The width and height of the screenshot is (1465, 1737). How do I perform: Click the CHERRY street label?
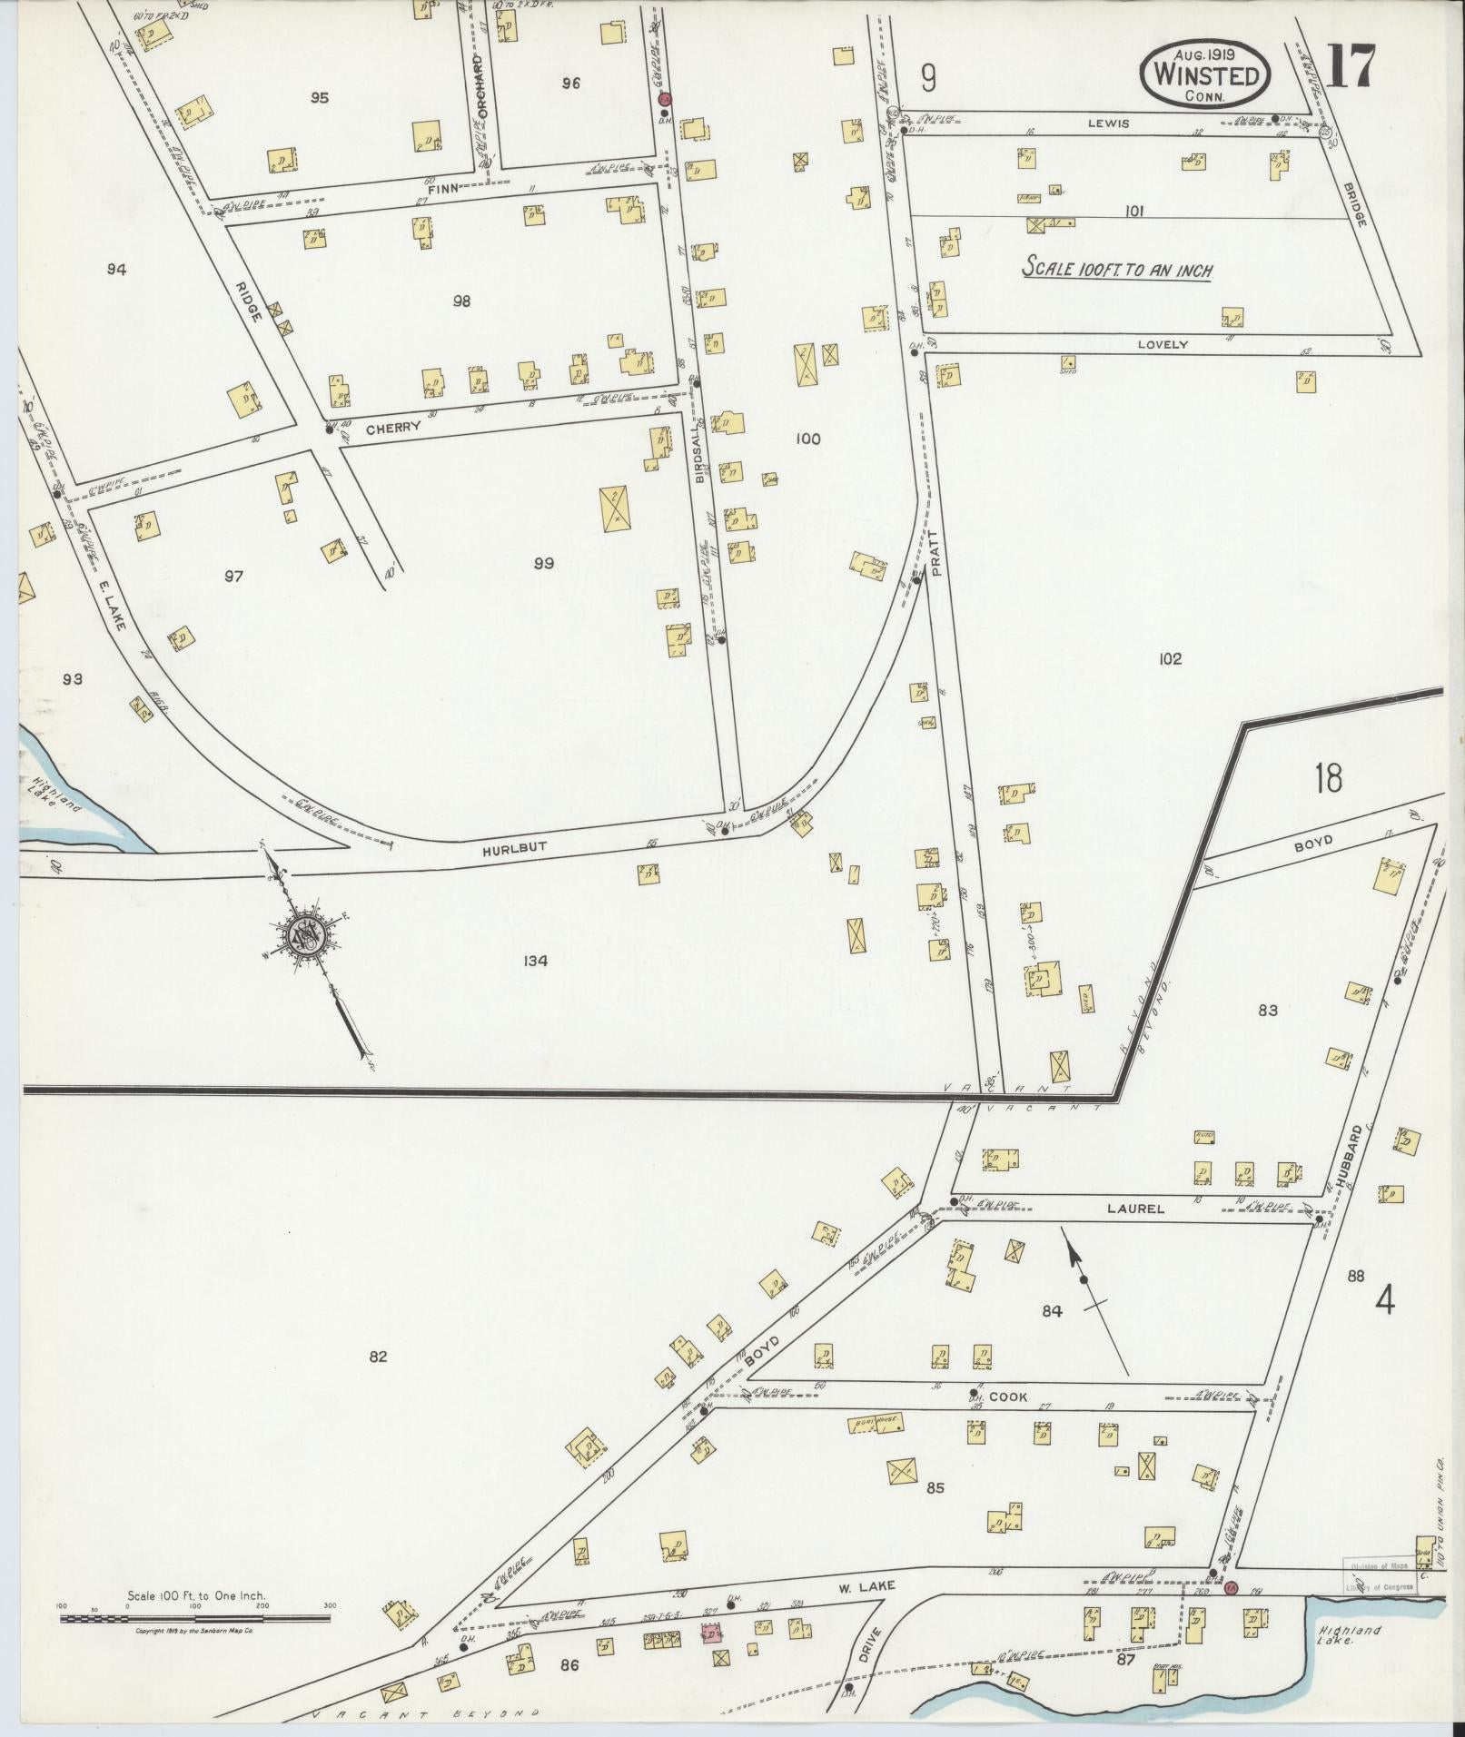[394, 427]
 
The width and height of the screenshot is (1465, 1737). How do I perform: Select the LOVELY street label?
[1163, 344]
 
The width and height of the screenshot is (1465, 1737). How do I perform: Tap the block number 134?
[536, 961]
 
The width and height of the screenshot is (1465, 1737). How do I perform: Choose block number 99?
[543, 564]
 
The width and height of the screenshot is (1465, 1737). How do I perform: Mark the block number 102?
[1170, 658]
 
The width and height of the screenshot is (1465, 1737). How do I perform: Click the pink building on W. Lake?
[711, 1634]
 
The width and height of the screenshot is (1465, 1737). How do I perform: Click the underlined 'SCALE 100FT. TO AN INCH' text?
[1118, 270]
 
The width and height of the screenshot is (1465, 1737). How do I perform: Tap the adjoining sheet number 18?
[1327, 778]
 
